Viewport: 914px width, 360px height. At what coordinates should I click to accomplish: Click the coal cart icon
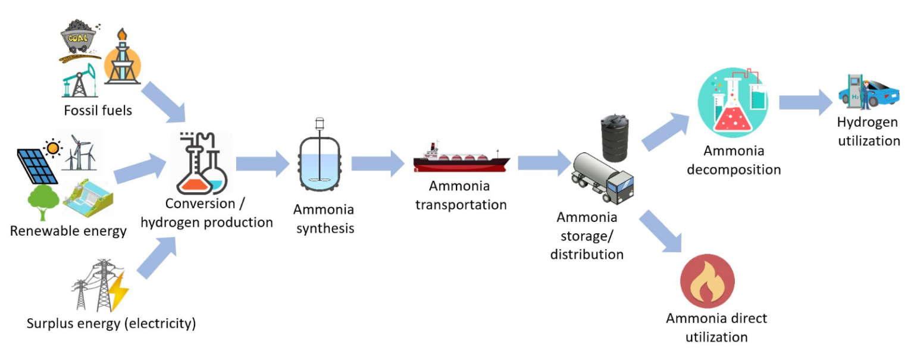click(80, 40)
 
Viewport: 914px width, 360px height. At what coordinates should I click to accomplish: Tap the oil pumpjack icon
click(79, 81)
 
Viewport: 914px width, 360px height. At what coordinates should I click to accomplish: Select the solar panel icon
click(37, 165)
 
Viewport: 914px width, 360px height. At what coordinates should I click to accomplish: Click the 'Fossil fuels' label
click(98, 111)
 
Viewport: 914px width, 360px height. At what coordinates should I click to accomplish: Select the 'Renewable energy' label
click(68, 231)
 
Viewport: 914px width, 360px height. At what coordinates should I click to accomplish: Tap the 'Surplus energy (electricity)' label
click(111, 324)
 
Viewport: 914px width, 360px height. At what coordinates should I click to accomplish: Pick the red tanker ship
click(462, 160)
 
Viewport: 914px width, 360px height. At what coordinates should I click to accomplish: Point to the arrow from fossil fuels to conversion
click(162, 95)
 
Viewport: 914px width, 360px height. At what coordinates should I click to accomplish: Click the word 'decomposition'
click(733, 170)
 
